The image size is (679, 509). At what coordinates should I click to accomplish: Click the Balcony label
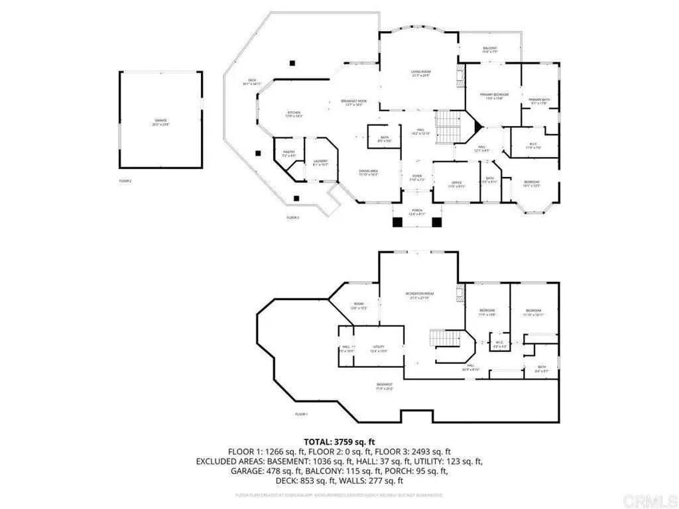point(490,50)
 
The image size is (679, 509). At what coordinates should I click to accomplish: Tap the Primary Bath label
point(539,101)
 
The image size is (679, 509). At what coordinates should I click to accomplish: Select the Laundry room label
point(321,162)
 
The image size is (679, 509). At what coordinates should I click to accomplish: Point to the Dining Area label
point(368,172)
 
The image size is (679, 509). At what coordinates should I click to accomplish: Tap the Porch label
point(416,211)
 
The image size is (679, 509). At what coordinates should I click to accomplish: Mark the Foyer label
point(416,177)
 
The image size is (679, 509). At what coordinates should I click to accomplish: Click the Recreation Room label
point(420,296)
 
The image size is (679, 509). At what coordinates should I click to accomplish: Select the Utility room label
point(379,348)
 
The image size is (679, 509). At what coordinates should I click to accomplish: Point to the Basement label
point(385,386)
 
